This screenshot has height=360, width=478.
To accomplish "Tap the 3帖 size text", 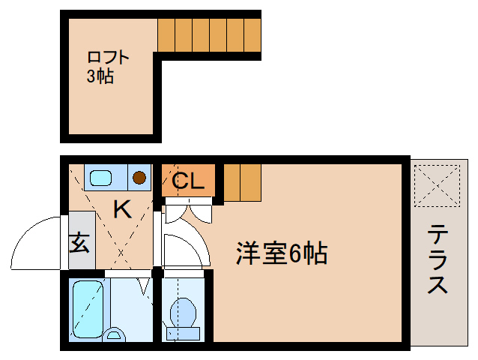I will (100, 76).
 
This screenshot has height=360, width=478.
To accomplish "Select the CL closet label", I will (188, 181).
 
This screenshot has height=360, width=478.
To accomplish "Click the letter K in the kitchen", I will (121, 209).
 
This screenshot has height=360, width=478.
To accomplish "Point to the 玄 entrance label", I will (79, 244).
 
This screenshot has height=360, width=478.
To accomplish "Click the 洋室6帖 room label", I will (281, 253).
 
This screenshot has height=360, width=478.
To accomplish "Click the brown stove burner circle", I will (139, 178).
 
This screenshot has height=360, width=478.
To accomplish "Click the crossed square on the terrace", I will (438, 184).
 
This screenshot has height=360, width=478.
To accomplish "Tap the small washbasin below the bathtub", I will (114, 334).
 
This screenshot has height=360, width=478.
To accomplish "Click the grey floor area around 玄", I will (82, 225).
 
